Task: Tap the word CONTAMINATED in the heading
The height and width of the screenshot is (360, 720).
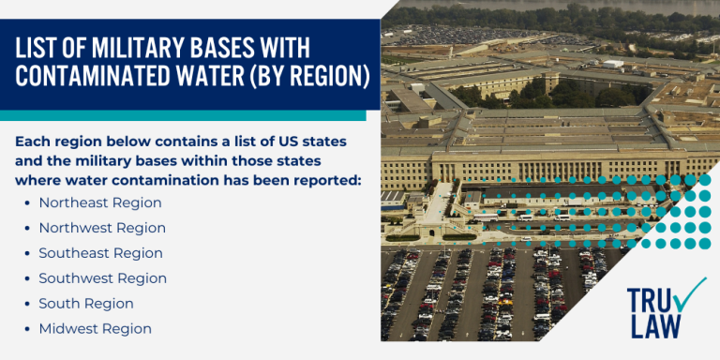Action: point(112,75)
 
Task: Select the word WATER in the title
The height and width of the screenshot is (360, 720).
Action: point(230,75)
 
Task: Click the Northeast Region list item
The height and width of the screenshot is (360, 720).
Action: point(100,202)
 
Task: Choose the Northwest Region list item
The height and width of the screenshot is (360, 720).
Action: point(102,228)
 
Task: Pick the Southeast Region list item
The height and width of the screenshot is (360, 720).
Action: point(100,253)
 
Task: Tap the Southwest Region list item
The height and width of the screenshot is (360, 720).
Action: point(102,278)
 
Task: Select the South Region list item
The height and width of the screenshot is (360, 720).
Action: point(86,304)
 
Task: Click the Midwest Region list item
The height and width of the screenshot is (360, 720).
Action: point(95,329)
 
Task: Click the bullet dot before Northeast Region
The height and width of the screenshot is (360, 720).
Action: point(26,203)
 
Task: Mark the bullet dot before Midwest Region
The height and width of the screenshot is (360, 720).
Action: point(26,330)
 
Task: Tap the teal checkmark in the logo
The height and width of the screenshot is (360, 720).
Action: point(690,295)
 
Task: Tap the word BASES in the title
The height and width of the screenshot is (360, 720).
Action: point(239,47)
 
